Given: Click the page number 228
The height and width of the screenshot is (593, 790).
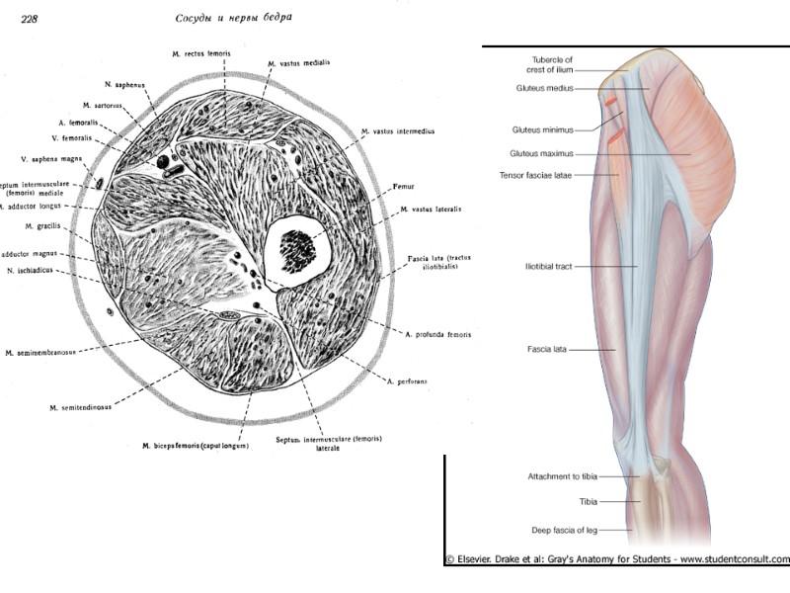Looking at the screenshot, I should point(22,17).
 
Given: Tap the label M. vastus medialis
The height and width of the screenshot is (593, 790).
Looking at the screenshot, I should point(298,62).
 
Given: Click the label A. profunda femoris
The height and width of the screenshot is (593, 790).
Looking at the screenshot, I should point(437,335).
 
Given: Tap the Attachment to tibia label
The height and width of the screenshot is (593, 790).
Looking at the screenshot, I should point(556,476).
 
